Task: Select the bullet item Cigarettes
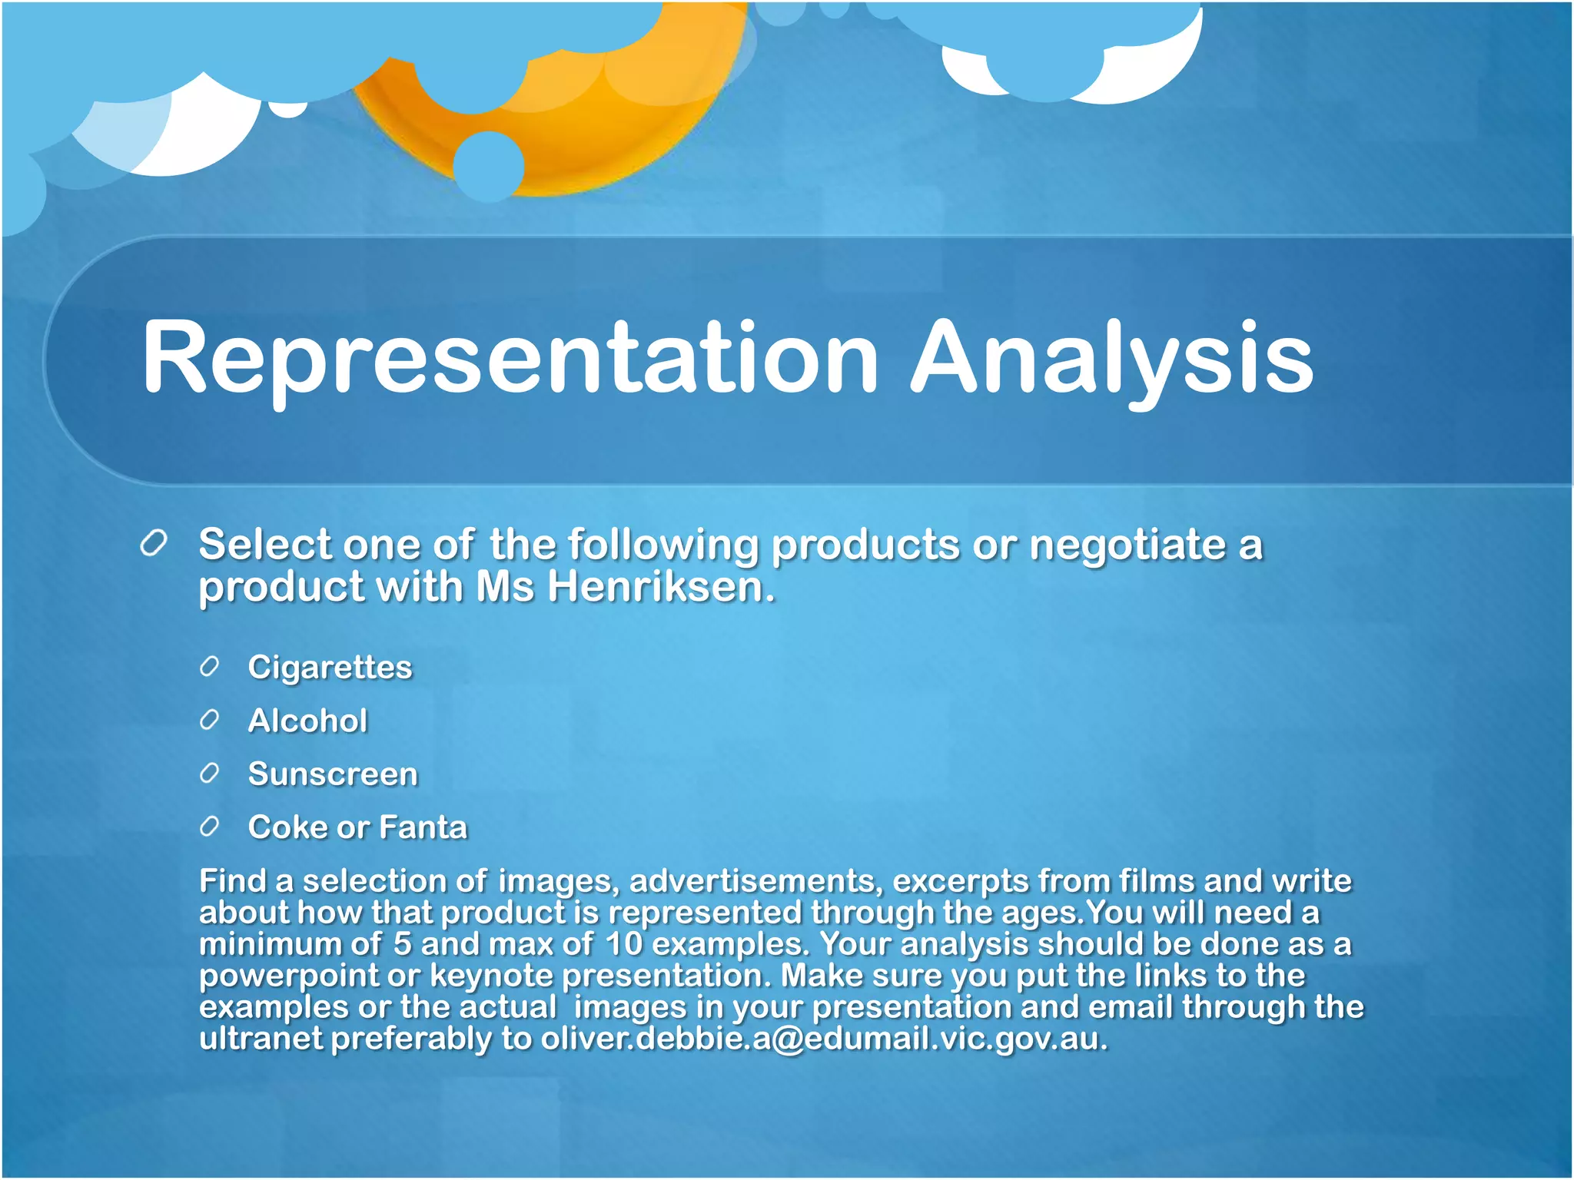[x=330, y=667]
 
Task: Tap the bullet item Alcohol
[x=307, y=721]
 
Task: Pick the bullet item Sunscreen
[x=333, y=774]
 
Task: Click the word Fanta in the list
[x=423, y=827]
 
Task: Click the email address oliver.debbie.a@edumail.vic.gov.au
[x=823, y=1039]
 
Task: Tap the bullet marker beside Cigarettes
[x=210, y=666]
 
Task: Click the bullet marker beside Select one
[x=154, y=544]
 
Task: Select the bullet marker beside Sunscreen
[x=210, y=773]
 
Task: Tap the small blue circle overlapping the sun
[x=489, y=166]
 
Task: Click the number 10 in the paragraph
[x=623, y=944]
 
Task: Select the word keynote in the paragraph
[x=492, y=976]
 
